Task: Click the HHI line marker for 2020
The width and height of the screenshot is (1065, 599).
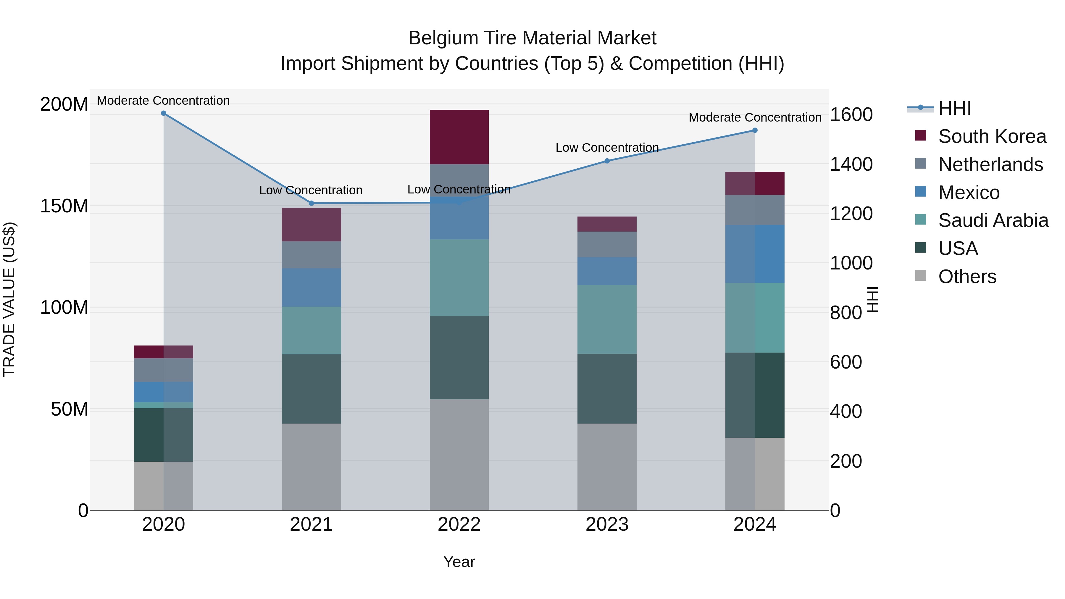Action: [x=163, y=113]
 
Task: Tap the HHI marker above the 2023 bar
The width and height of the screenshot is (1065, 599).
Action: [x=607, y=161]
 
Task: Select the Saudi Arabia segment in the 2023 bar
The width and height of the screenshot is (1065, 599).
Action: [x=607, y=319]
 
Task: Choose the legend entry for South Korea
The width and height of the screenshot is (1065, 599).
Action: [x=992, y=136]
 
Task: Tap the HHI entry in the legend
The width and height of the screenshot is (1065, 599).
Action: [x=954, y=108]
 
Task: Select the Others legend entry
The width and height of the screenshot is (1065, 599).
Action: [x=967, y=277]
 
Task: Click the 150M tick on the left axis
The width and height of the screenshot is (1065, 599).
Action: [x=64, y=206]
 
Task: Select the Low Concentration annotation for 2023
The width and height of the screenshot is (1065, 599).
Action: [x=607, y=148]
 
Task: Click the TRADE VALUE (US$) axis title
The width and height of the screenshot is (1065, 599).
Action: [x=9, y=299]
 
